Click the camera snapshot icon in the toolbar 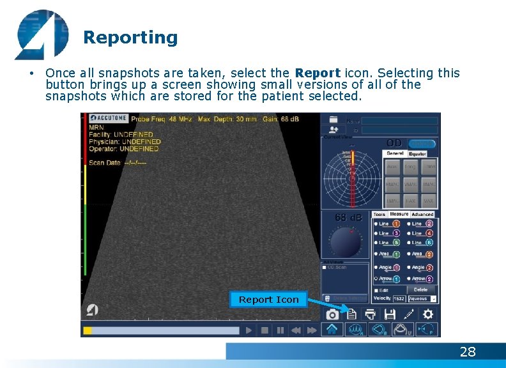(332, 314)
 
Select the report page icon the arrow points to (351, 314)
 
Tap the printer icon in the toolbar (370, 314)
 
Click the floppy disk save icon (389, 314)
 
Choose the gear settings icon (427, 314)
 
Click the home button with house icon (332, 330)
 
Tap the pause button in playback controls (280, 330)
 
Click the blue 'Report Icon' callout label (268, 300)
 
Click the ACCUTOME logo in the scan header (108, 118)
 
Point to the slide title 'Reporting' (130, 38)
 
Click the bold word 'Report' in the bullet (318, 73)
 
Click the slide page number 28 (468, 352)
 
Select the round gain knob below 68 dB (346, 241)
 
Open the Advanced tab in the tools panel (422, 215)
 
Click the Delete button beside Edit (420, 289)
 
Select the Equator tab (418, 153)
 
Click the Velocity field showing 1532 (399, 298)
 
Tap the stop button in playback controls (264, 330)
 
